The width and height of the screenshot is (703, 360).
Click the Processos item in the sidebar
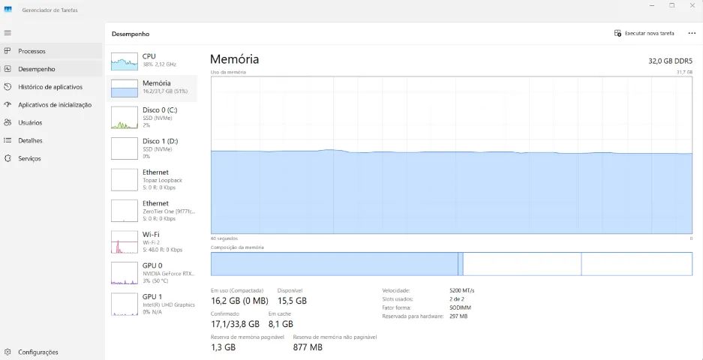tap(32, 51)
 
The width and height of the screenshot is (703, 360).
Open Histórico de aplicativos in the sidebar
tap(50, 87)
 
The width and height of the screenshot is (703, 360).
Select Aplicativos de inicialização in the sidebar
tap(55, 105)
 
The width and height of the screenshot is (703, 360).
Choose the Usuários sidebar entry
tap(30, 122)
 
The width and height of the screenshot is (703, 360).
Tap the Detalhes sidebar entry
tap(30, 140)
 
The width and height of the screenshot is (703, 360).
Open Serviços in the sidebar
tap(29, 158)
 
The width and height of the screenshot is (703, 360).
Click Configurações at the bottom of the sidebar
tap(38, 352)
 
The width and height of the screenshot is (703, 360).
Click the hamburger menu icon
tap(8, 33)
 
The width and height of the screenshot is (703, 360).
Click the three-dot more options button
tap(692, 34)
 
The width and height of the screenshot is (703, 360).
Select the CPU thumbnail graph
tap(125, 61)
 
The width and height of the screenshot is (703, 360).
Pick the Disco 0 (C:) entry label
tap(160, 109)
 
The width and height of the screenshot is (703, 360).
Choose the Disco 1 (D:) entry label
tap(161, 141)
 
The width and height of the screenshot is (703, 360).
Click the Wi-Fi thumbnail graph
tap(125, 242)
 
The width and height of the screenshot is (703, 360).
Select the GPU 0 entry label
tap(152, 265)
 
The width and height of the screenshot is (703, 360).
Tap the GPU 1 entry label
tap(152, 297)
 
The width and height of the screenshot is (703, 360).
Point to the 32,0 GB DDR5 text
tap(670, 61)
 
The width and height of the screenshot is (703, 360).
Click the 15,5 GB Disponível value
tap(292, 301)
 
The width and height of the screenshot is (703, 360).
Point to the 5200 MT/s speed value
tap(462, 290)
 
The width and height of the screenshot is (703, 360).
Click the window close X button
tap(692, 5)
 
